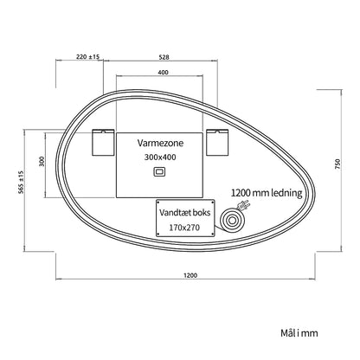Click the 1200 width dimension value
[x=190, y=275]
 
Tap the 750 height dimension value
[x=337, y=164]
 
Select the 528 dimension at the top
[x=164, y=57]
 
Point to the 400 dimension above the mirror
[x=164, y=72]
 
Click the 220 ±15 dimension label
[x=87, y=56]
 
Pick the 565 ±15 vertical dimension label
[x=21, y=183]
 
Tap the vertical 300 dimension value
[x=42, y=162]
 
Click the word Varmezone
[x=160, y=143]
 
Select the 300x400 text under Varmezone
[x=160, y=157]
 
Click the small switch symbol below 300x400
[x=159, y=171]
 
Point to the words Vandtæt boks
[x=185, y=213]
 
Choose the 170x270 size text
[x=184, y=228]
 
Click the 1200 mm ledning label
[x=267, y=193]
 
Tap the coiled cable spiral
[x=232, y=222]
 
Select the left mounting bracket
[x=103, y=143]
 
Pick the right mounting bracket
[x=217, y=143]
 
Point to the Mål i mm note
[x=299, y=333]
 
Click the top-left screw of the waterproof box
[x=158, y=202]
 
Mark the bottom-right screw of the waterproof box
[x=212, y=234]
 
